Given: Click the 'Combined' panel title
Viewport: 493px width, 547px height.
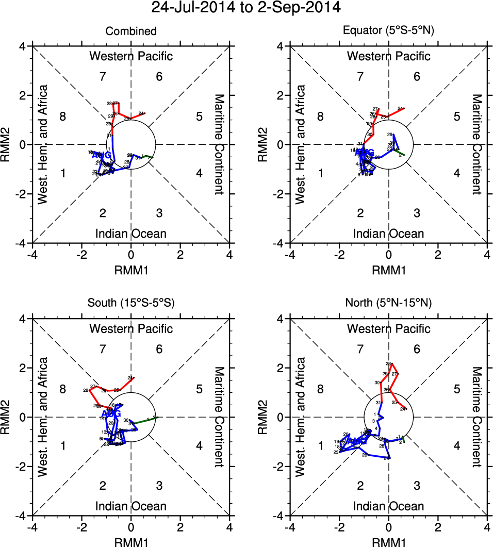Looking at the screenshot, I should click(x=131, y=31).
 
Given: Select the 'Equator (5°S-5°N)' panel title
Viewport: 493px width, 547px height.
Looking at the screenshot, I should click(x=389, y=30).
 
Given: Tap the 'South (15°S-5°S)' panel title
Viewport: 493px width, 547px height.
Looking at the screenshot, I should click(x=131, y=303).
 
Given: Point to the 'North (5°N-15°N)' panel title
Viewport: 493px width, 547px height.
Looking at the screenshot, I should click(x=389, y=303).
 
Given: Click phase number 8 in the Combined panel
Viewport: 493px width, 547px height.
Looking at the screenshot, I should click(x=63, y=117).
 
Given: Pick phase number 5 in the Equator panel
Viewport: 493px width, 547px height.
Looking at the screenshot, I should click(x=457, y=117).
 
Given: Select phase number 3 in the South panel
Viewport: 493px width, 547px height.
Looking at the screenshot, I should click(x=159, y=486).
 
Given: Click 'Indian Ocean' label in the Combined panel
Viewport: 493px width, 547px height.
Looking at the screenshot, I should click(x=131, y=234).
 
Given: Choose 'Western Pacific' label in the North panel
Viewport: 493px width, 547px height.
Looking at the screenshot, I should click(x=389, y=328).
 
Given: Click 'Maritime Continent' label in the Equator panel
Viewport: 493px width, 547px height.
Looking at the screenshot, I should click(x=477, y=144).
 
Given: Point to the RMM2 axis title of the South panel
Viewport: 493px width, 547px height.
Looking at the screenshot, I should click(x=8, y=417).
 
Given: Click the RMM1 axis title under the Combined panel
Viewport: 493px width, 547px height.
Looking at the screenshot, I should click(x=131, y=269).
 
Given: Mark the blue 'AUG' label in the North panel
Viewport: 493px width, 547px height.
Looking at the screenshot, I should click(x=358, y=441).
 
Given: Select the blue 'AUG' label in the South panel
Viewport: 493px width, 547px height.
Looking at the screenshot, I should click(x=111, y=414).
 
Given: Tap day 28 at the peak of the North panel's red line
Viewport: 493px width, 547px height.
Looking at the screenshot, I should click(x=388, y=364).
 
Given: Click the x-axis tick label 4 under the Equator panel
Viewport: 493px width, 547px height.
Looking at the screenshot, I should click(x=487, y=254).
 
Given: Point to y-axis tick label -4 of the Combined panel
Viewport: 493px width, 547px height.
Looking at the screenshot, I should click(x=22, y=243).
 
